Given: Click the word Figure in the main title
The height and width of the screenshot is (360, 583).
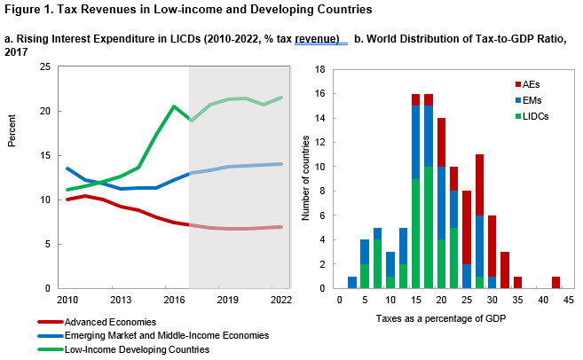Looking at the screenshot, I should pos(27,10).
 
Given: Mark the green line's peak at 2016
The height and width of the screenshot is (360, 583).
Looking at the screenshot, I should pos(174,106).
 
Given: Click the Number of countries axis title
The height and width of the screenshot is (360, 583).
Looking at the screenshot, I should pos(307,177).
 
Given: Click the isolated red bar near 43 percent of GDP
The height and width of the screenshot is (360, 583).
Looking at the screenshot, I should pos(555,282).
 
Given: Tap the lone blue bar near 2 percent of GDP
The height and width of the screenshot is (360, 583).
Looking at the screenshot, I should pos(352,282).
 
